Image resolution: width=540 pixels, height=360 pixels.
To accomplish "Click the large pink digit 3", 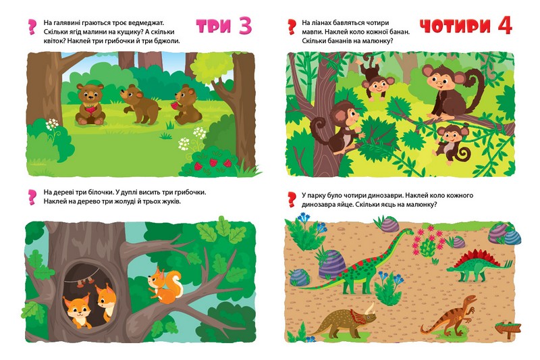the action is tap(245, 26).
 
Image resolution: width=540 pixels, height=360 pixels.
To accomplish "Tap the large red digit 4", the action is tap(505, 26).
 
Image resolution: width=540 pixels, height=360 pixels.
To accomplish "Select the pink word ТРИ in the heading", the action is tap(213, 26).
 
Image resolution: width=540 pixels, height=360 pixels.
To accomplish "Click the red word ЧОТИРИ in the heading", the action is tap(455, 26).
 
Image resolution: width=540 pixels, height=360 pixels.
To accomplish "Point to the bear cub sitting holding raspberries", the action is tap(90, 104).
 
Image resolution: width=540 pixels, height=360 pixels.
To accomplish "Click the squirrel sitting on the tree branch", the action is tap(165, 286).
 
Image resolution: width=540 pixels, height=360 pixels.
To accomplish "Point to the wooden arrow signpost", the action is tap(508, 329).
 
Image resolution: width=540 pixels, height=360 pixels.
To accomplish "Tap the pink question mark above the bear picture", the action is tap(32, 27).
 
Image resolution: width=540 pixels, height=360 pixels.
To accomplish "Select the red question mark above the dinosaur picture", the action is tap(292, 200).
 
